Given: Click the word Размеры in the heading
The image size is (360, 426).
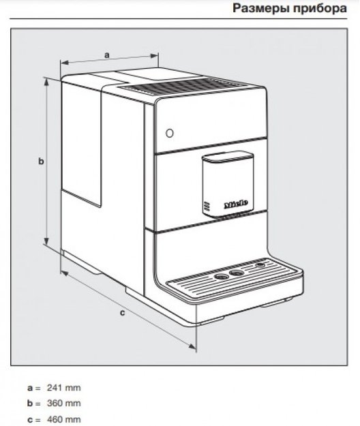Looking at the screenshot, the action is point(261,8).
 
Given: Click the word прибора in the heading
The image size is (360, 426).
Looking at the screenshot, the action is point(320,8).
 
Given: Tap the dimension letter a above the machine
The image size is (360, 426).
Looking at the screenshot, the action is point(107,55).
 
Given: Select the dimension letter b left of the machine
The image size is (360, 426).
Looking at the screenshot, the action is point(41,161).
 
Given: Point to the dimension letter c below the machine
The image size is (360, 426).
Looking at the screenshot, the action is point(123,313).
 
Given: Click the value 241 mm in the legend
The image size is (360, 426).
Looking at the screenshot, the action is point(64,388).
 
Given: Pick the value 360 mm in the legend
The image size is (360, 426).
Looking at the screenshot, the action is point(64,404).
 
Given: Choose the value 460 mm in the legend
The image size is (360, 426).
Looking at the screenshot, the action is point(64,419).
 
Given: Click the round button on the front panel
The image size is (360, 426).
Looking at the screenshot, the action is point(170,133).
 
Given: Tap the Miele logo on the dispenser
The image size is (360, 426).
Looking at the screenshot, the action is point(236,204).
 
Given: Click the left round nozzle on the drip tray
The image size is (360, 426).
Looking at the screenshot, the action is point(222,277).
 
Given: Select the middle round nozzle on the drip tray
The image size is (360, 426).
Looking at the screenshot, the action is point(237,273).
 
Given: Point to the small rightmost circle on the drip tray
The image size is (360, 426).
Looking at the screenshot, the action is point(261,264).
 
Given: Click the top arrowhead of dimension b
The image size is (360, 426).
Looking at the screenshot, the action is point(47,83).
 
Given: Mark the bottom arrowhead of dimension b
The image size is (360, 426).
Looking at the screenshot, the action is point(47,240).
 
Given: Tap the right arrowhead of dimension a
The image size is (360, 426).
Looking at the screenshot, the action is point(154,56).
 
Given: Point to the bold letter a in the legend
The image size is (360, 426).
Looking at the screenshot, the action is point(29,388).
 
